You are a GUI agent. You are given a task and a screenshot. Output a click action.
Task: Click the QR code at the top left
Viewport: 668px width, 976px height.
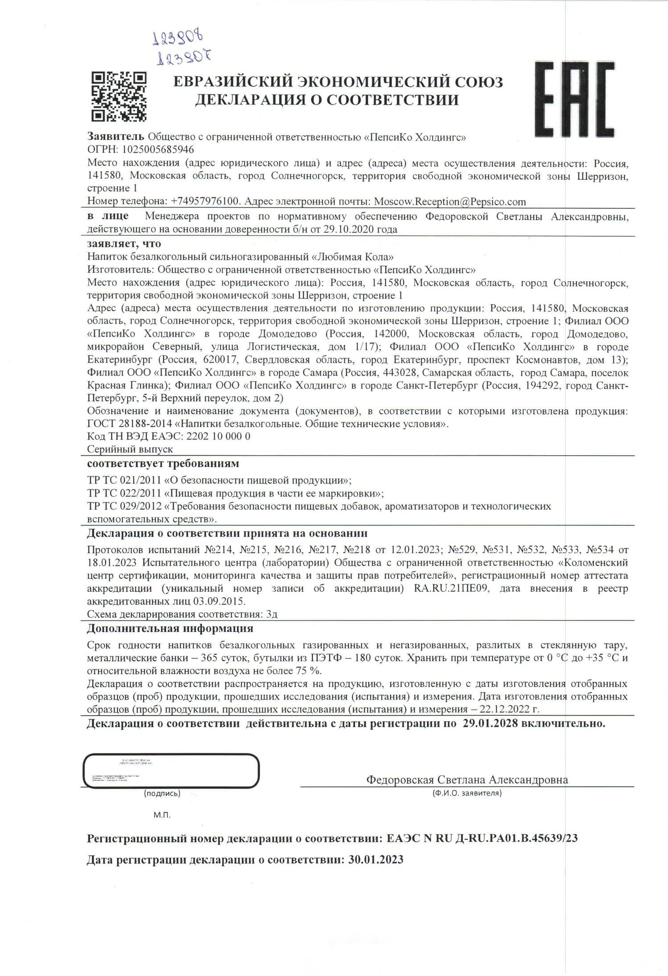coord(119,96)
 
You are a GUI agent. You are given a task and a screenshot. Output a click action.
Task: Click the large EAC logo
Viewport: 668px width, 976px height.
coord(575,99)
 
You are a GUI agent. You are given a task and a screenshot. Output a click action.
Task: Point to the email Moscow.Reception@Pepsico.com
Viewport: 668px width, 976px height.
coord(449,202)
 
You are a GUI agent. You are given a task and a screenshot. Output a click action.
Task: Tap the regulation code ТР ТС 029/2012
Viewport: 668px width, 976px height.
coord(124,506)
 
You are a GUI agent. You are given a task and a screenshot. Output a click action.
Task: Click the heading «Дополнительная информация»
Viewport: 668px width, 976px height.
coord(170,629)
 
